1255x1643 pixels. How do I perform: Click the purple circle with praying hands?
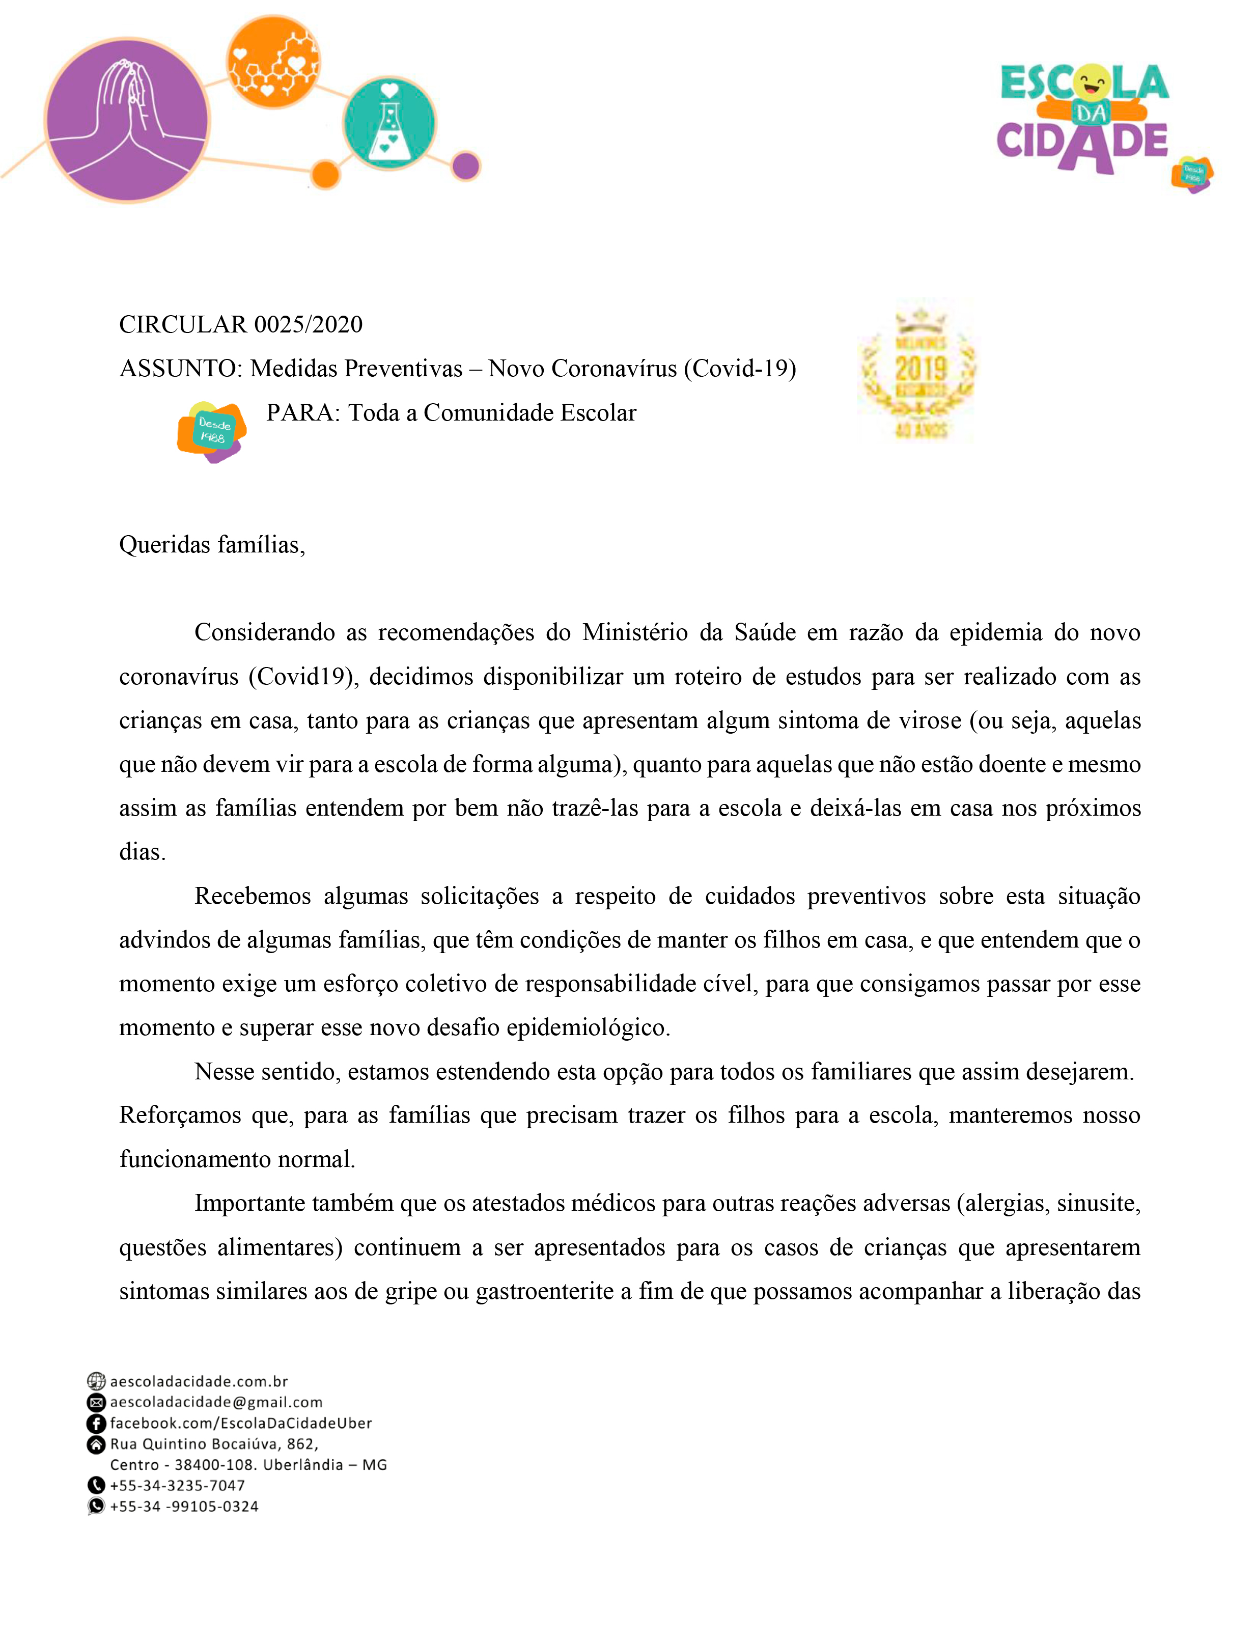click(x=127, y=120)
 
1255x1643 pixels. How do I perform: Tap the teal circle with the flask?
click(x=389, y=123)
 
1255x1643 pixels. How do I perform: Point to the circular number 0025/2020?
click(x=308, y=324)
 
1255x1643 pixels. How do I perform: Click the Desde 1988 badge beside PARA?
click(x=212, y=432)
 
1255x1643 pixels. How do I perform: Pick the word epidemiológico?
click(x=588, y=1027)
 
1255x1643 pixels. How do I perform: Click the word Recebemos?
click(x=253, y=896)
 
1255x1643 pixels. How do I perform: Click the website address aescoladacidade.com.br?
click(x=199, y=1381)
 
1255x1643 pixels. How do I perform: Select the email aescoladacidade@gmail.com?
click(x=216, y=1402)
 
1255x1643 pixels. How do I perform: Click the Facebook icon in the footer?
click(x=96, y=1424)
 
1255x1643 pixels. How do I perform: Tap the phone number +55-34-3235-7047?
click(x=177, y=1485)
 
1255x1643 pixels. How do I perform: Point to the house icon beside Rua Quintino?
click(x=96, y=1444)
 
